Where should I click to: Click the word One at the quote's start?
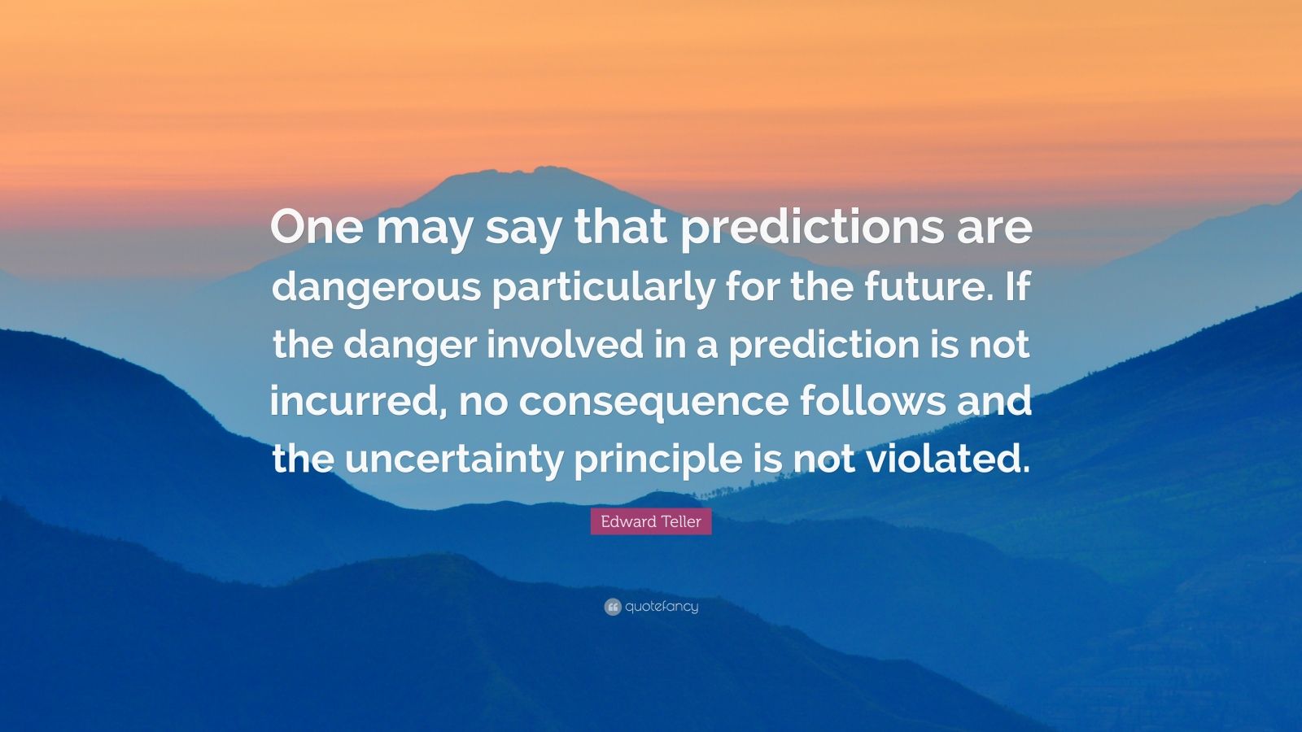click(316, 228)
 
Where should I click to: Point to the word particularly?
click(601, 288)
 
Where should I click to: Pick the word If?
click(1018, 286)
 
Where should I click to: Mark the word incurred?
click(356, 402)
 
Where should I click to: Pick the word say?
click(523, 229)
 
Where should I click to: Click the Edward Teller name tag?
click(651, 521)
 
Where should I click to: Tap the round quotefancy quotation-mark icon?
click(613, 607)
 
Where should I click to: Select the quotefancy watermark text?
click(662, 607)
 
